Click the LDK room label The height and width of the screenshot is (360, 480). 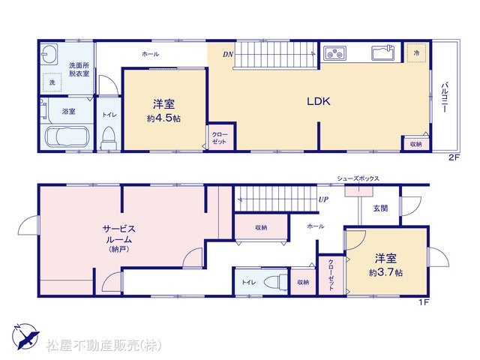tap(319, 101)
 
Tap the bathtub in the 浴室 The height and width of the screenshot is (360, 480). tap(67, 136)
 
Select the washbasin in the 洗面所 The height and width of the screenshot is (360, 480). tap(49, 54)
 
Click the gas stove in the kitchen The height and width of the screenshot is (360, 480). tap(335, 53)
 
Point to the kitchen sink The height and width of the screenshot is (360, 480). tap(383, 53)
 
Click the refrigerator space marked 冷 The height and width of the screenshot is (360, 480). tap(417, 53)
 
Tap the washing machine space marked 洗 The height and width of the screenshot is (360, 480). tap(52, 82)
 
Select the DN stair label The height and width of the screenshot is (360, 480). tap(228, 55)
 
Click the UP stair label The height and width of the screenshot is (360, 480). tap(323, 199)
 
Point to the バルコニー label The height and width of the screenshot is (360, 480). tap(445, 97)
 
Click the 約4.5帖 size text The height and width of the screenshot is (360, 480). tap(163, 118)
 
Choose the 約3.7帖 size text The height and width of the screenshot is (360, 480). tap(385, 272)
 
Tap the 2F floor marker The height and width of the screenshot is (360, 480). tap(454, 157)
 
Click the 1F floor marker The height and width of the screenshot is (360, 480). tap(424, 302)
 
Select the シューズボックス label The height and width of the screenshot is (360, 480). tap(358, 178)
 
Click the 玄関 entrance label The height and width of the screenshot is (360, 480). tap(380, 208)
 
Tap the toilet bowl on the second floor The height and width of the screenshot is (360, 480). tap(108, 139)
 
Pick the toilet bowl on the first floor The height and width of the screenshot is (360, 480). tap(276, 282)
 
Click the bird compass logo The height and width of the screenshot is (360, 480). tap(25, 337)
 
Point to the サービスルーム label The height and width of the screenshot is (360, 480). tap(118, 238)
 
